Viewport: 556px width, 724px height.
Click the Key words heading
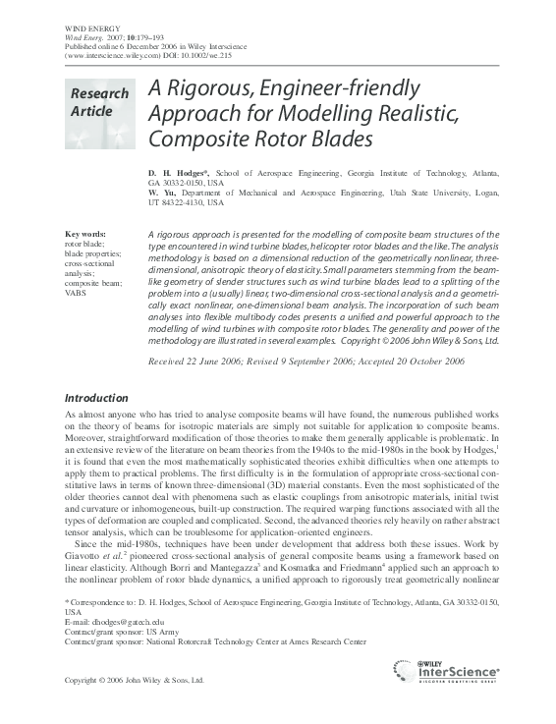click(84, 233)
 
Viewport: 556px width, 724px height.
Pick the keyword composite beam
click(93, 283)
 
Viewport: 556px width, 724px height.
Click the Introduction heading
click(95, 398)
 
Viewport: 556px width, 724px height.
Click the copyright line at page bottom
click(134, 680)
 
